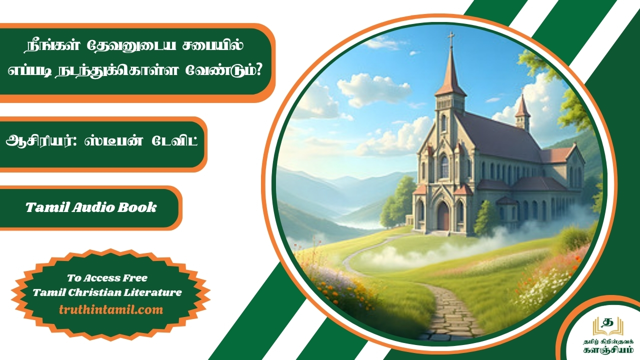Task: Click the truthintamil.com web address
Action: point(111,309)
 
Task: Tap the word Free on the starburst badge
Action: point(134,277)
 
